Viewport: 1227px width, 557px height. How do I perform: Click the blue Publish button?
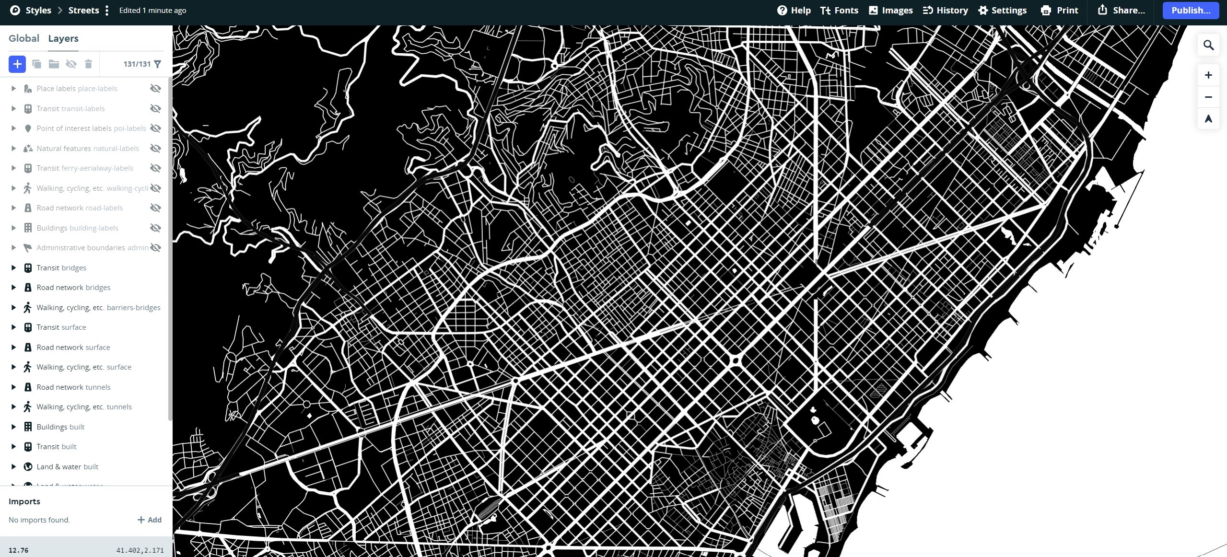(1190, 11)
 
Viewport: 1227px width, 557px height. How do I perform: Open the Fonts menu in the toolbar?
(839, 11)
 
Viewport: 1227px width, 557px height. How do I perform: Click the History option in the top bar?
(945, 11)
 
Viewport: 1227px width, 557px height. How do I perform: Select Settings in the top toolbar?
(1002, 11)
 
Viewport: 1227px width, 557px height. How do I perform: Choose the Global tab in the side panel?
(24, 38)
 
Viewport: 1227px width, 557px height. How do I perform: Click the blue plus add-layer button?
(17, 64)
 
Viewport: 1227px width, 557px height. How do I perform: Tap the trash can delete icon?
(88, 64)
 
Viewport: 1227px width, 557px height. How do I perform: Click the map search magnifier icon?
(1208, 45)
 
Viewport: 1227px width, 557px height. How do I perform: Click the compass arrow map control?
(1208, 119)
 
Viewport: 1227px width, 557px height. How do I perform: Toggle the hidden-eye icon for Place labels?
(155, 89)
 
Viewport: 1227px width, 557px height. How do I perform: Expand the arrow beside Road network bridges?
(13, 288)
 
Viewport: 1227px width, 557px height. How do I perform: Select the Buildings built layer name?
(60, 427)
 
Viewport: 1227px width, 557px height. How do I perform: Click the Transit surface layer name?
(61, 327)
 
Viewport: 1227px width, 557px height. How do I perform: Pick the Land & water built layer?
(67, 466)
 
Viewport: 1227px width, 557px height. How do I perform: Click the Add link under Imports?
(150, 520)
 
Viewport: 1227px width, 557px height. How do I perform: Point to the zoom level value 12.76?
(19, 550)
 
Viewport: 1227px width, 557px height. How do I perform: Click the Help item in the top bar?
(794, 11)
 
